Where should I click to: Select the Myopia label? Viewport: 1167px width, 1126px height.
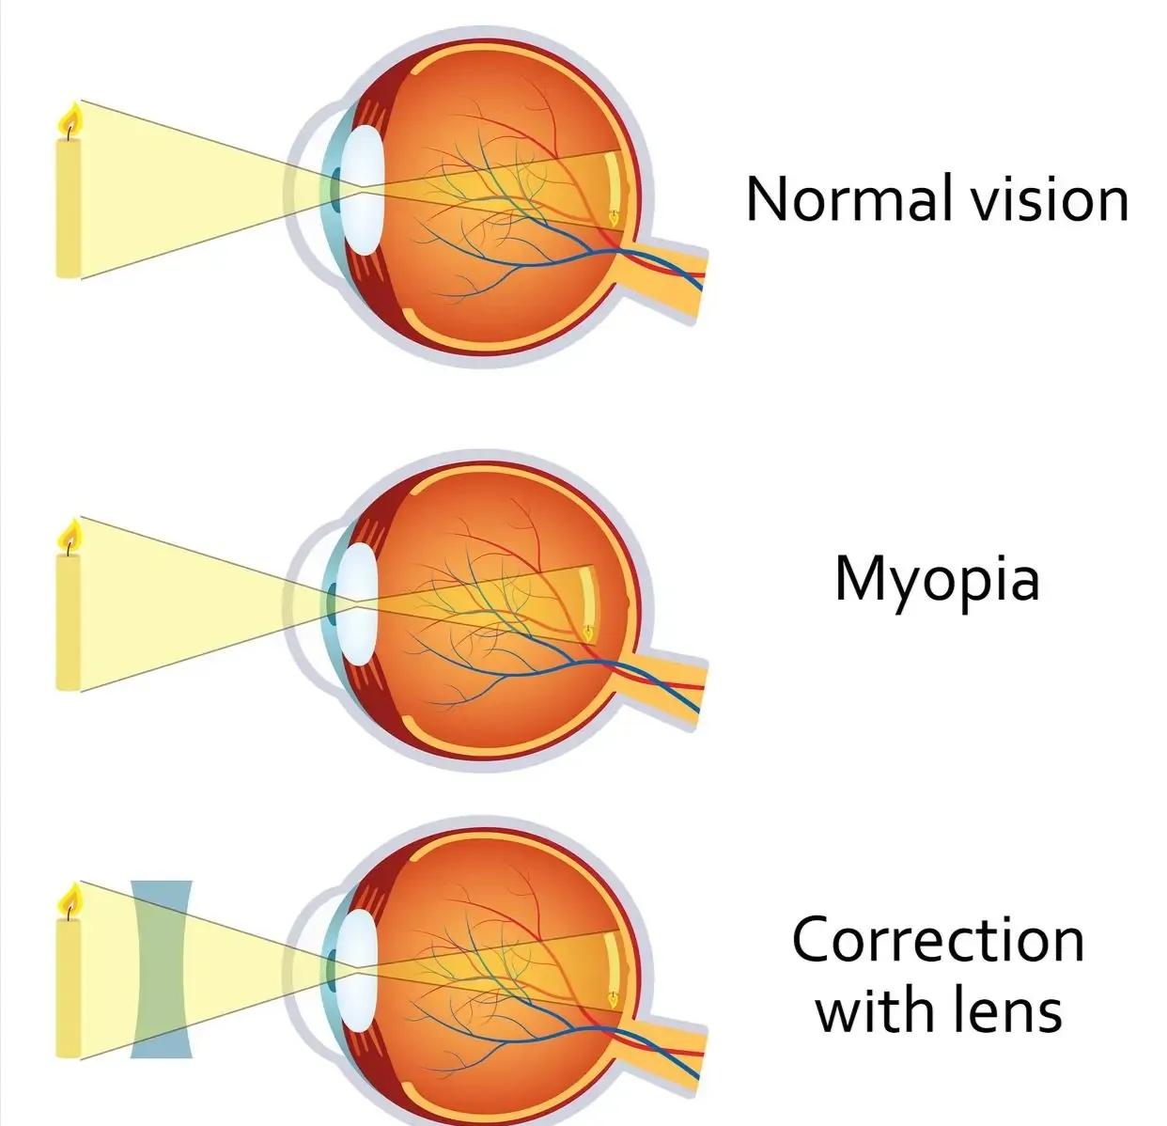click(937, 580)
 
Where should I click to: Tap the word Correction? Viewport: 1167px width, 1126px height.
click(938, 939)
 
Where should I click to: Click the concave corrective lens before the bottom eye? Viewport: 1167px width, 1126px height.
click(161, 968)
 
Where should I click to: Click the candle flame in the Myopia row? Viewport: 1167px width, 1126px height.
click(70, 537)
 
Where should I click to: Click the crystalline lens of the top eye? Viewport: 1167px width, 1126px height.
click(361, 190)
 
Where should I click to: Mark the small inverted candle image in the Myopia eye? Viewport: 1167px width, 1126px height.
click(589, 632)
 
